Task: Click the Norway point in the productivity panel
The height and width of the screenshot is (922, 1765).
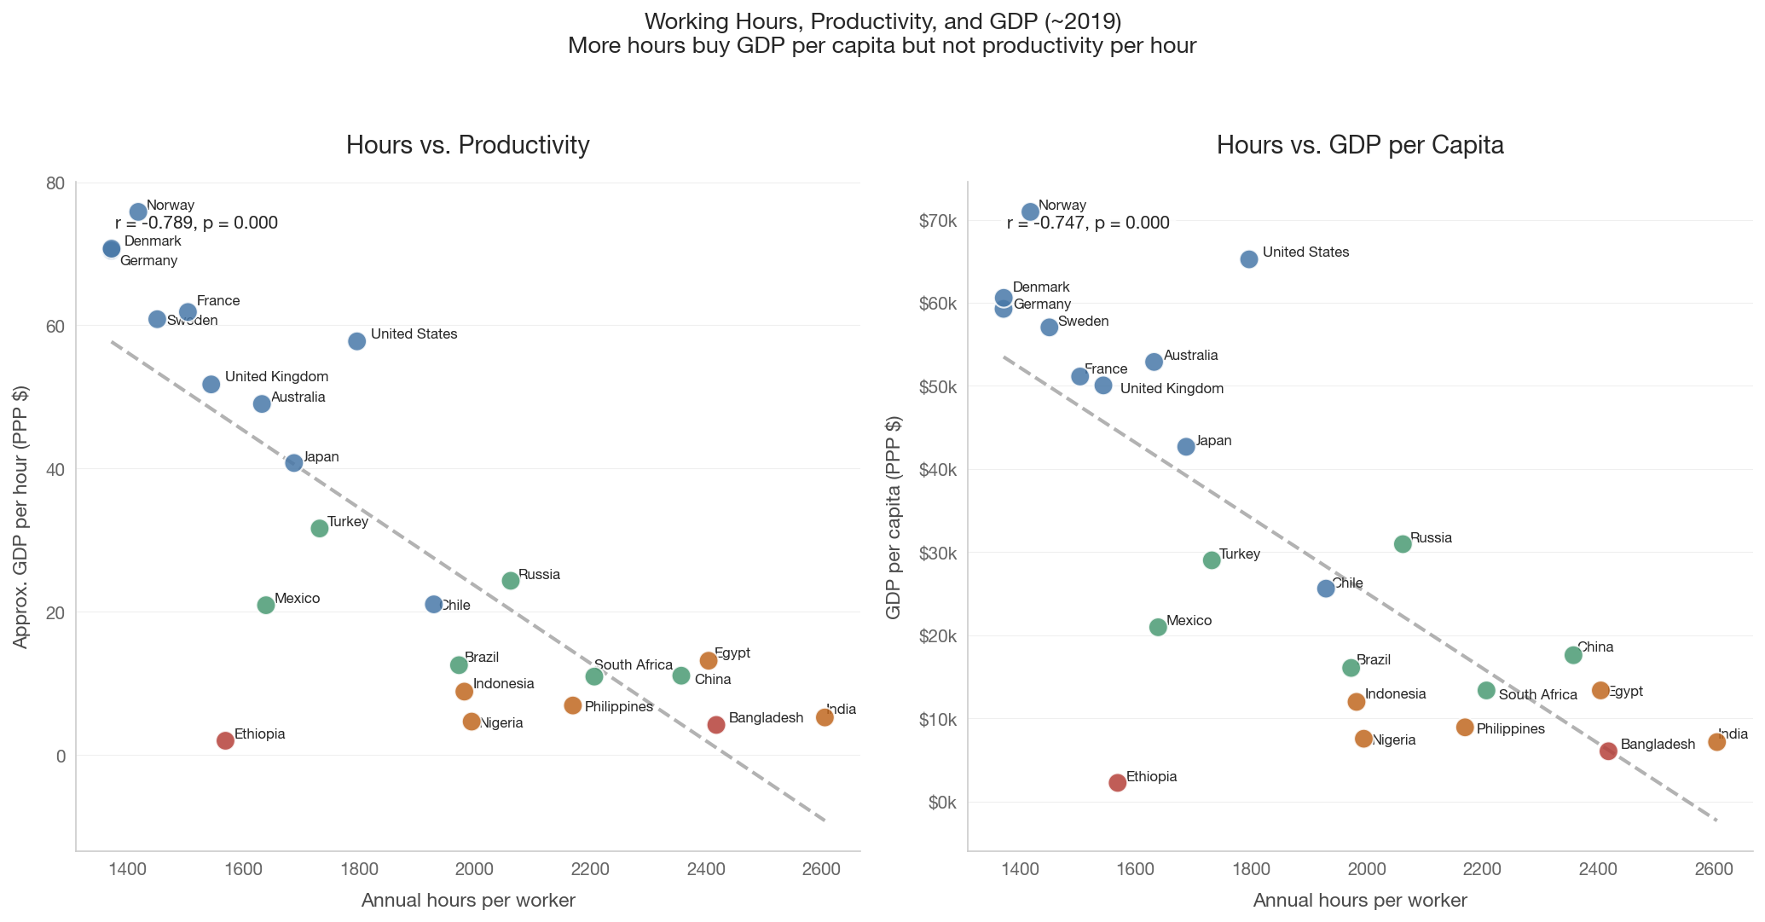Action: tap(138, 212)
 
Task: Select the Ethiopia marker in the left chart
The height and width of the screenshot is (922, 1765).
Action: tap(225, 740)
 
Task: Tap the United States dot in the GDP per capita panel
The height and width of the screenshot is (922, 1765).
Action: tap(1249, 259)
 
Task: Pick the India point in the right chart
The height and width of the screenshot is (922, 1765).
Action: tap(1717, 742)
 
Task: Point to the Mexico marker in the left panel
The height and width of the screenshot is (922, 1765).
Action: tap(266, 605)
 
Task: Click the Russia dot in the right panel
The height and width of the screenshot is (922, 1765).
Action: tap(1403, 544)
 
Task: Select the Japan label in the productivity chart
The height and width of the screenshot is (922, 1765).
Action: tap(321, 457)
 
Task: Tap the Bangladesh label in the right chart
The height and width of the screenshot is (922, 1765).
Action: tap(1658, 745)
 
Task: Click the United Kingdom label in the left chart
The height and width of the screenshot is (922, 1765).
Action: tap(276, 377)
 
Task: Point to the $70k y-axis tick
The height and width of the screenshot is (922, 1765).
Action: tap(938, 222)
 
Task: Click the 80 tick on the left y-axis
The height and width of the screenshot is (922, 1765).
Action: tap(55, 183)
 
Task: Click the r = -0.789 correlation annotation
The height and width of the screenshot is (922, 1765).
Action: tap(196, 223)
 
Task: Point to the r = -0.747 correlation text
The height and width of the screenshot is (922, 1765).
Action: tap(1088, 223)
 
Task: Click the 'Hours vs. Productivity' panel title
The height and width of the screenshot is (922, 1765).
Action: tap(468, 145)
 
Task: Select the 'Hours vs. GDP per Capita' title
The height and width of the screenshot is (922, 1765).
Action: tap(1360, 145)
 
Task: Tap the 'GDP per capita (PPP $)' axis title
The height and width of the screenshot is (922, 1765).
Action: tap(894, 517)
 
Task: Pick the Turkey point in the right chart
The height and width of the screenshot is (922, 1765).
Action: tap(1212, 560)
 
